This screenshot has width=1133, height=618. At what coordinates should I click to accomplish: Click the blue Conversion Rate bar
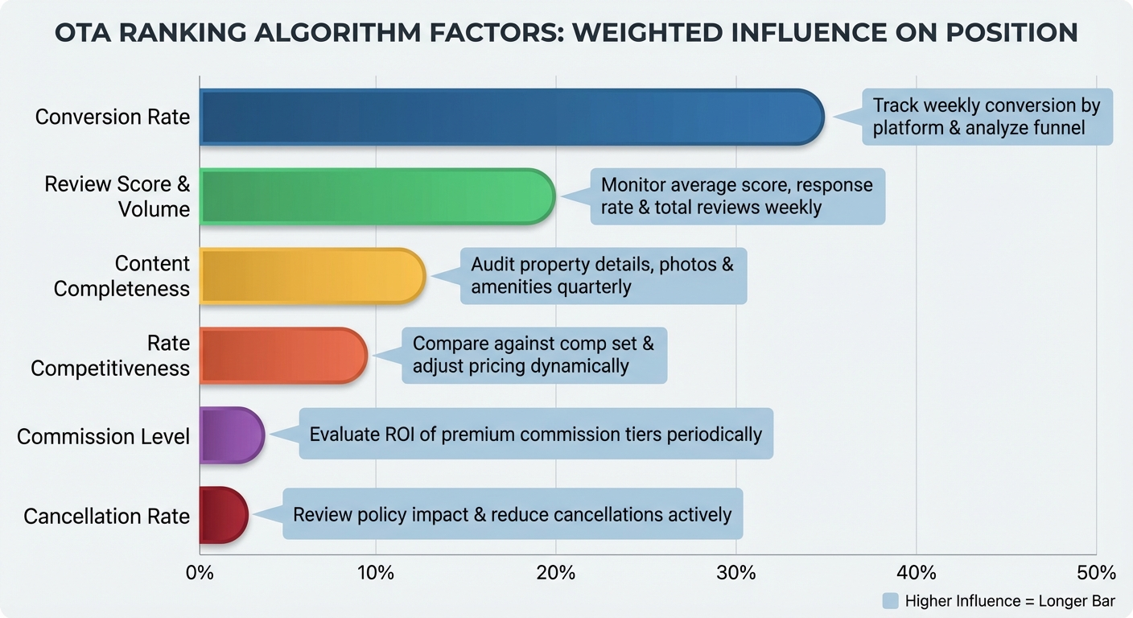tap(511, 117)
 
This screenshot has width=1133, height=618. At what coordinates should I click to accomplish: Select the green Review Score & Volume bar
tap(377, 196)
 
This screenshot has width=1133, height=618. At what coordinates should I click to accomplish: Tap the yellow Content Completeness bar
tap(311, 276)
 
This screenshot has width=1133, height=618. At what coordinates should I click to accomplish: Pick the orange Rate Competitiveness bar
tap(282, 356)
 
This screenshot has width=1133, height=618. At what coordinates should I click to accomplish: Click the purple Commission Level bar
tap(231, 435)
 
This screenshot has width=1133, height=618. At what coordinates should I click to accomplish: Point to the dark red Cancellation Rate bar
tap(223, 515)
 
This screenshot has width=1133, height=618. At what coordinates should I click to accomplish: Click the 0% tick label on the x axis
tap(199, 573)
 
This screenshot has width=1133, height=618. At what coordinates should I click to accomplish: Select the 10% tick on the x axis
tap(376, 573)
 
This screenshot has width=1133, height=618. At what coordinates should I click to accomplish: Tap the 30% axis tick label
tap(736, 573)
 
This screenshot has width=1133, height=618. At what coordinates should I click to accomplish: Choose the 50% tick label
tap(1097, 573)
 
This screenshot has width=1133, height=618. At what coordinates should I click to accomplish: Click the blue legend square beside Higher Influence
tap(890, 601)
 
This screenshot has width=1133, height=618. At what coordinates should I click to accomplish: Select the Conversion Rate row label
tap(113, 117)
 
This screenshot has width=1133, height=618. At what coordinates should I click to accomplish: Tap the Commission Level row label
tap(103, 436)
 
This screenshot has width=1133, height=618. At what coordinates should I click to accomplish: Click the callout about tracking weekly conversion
tap(987, 117)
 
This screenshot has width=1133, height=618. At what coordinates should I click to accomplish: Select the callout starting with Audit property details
tap(603, 276)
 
